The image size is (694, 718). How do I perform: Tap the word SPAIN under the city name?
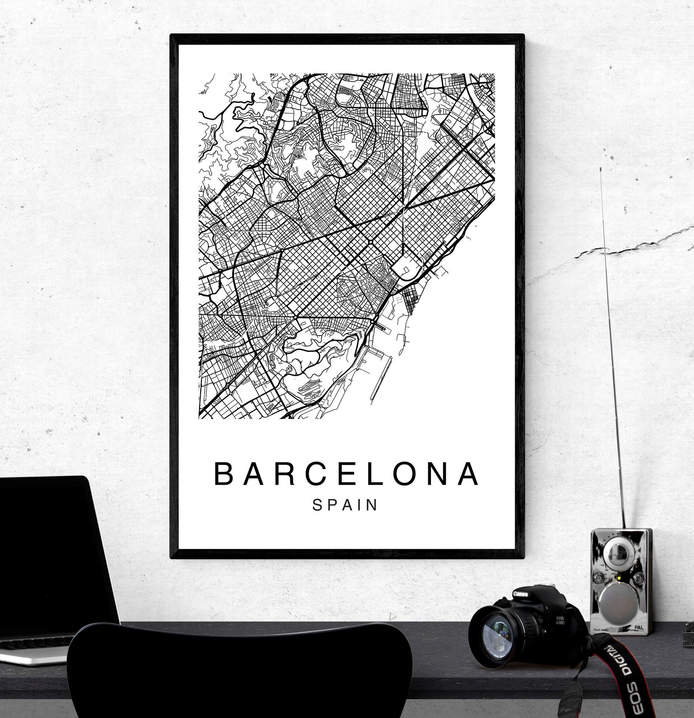(x=345, y=505)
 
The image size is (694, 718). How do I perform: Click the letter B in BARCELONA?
(x=223, y=474)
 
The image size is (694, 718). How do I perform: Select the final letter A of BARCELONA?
(x=470, y=474)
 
